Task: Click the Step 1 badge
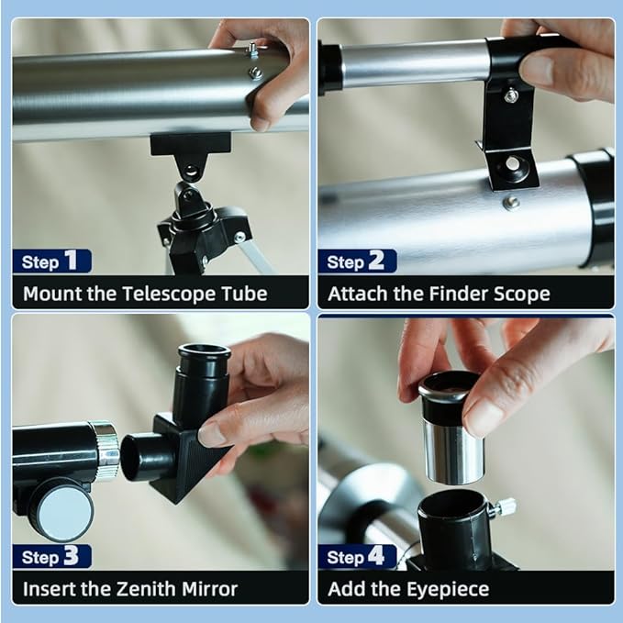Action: pos(52,261)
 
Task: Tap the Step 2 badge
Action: pos(357,261)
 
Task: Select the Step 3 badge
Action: pos(52,556)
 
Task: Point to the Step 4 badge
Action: pos(357,556)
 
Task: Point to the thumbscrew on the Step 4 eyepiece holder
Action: pos(503,507)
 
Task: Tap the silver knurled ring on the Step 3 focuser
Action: pos(106,451)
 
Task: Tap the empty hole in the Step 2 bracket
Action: pos(512,162)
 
